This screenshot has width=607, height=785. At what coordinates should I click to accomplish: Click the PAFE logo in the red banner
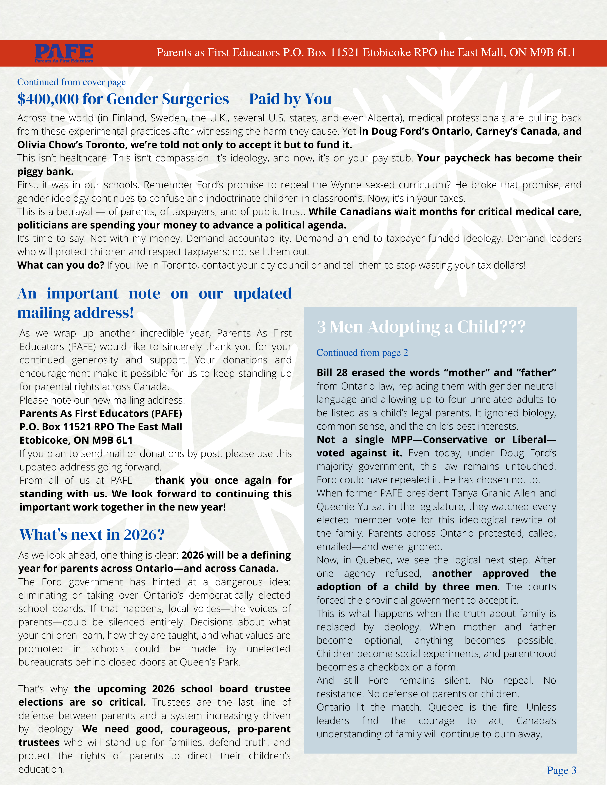coord(64,53)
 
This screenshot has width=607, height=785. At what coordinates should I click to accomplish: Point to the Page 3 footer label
coord(561,770)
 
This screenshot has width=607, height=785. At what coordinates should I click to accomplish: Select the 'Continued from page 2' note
coord(362,353)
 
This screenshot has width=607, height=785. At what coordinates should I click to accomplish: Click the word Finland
coord(127,118)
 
